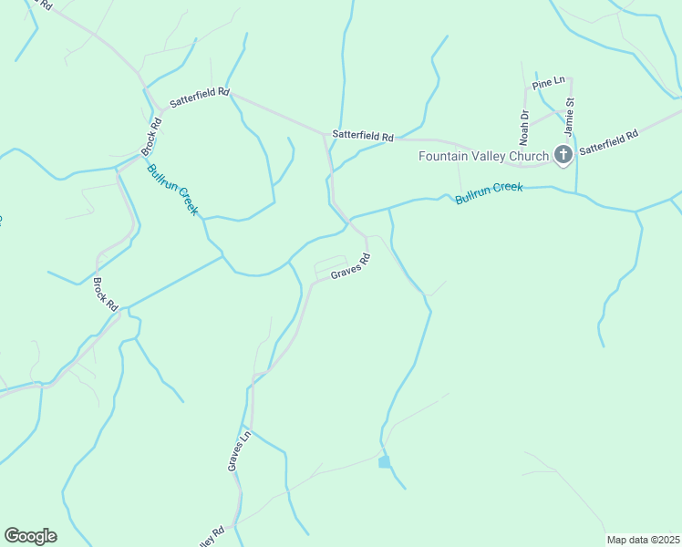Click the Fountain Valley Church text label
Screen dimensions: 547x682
pyautogui.click(x=483, y=156)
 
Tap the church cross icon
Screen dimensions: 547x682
pyautogui.click(x=563, y=155)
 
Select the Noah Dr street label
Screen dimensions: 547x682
pyautogui.click(x=524, y=128)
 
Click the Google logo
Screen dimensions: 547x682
pyautogui.click(x=30, y=536)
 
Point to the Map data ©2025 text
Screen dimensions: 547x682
pyautogui.click(x=643, y=540)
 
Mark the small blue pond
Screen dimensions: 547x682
pyautogui.click(x=385, y=462)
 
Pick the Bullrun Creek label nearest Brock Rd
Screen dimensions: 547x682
pyautogui.click(x=172, y=189)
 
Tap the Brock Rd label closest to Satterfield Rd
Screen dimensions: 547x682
pyautogui.click(x=150, y=135)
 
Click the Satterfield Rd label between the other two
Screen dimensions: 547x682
pyautogui.click(x=363, y=135)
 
